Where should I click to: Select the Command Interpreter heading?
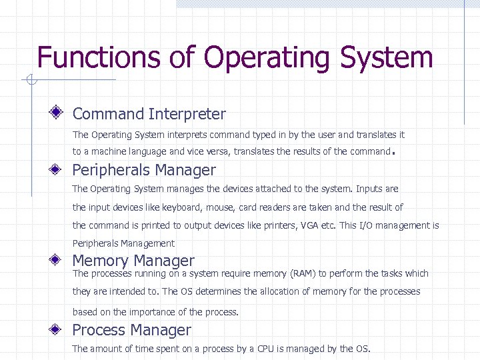point(149,115)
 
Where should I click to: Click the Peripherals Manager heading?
point(144,170)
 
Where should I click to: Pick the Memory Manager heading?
point(133,261)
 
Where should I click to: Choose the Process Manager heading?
point(131,330)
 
